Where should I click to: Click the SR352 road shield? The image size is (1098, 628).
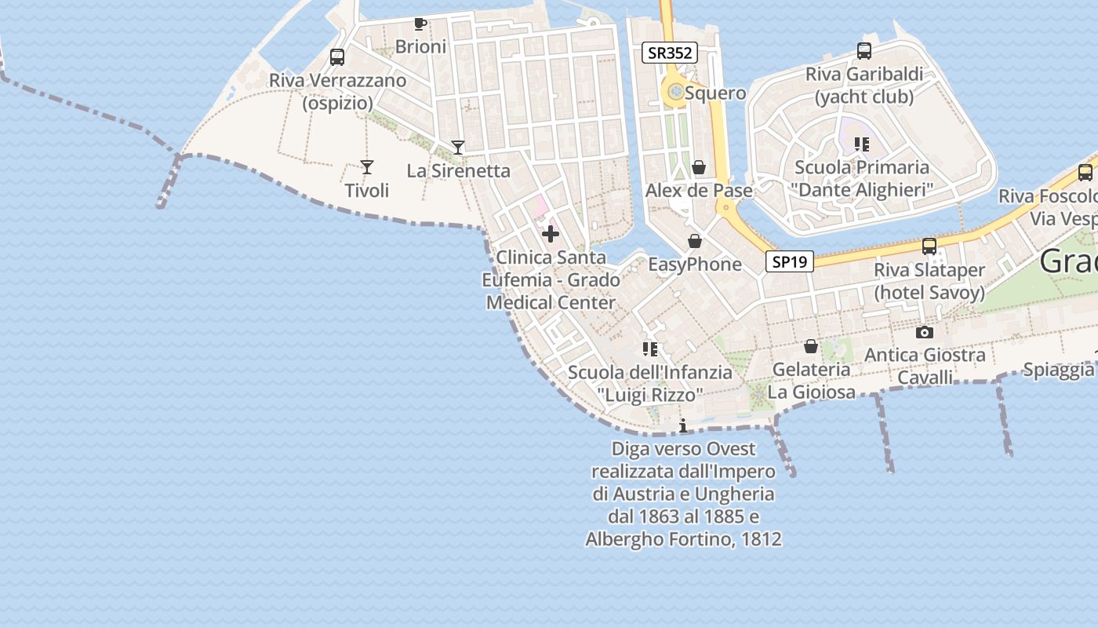[x=669, y=53]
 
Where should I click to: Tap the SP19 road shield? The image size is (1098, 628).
[x=789, y=261]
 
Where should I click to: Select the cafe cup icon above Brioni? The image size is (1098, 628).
[x=420, y=24]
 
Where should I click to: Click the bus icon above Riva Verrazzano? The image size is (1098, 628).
[x=337, y=57]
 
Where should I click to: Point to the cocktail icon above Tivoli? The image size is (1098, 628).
[x=366, y=166]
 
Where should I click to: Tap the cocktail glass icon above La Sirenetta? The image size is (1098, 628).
[x=458, y=147]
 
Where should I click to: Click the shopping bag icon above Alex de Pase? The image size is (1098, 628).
[x=698, y=167]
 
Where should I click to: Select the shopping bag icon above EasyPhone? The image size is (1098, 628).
[x=694, y=240]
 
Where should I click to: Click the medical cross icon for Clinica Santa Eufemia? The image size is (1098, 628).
[x=551, y=233]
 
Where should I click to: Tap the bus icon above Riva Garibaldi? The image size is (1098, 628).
[x=863, y=51]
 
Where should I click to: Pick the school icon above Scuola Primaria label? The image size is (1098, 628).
[x=862, y=144]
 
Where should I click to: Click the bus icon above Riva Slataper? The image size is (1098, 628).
[x=929, y=246]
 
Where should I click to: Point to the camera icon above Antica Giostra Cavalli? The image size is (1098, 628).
[x=925, y=332]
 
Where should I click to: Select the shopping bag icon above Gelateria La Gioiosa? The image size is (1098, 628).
[x=810, y=346]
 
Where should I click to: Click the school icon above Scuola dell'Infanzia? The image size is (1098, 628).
[x=649, y=349]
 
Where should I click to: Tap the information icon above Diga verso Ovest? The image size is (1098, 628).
[x=683, y=425]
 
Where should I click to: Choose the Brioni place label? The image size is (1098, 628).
[x=420, y=46]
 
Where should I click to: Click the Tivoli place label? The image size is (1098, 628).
[x=366, y=191]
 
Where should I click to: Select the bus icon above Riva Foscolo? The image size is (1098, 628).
[x=1085, y=173]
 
